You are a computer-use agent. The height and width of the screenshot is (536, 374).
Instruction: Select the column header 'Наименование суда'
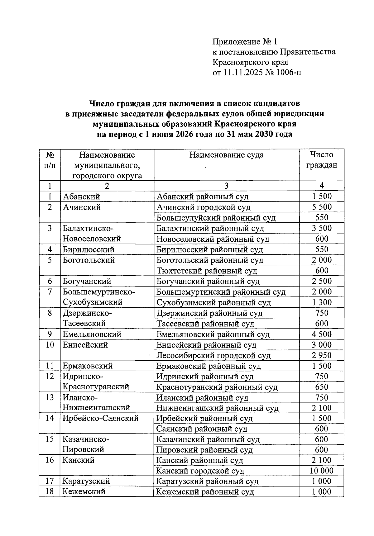point(227,155)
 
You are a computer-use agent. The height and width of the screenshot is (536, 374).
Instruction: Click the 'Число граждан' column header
point(322,159)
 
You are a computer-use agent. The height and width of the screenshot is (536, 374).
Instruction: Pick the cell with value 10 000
point(322,471)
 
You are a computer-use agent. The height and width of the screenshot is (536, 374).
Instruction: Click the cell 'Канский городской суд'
point(200,471)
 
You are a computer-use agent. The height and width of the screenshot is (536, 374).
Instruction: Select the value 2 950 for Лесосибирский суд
point(322,355)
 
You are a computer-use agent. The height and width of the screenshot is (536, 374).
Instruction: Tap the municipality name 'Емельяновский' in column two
point(92,334)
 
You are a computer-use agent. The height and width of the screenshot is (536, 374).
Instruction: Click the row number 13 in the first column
point(50,398)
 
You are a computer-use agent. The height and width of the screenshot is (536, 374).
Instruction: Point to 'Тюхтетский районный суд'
point(207,271)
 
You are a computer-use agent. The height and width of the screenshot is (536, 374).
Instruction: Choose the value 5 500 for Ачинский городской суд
point(322,207)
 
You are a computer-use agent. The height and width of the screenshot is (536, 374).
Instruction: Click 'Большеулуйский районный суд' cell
point(216,218)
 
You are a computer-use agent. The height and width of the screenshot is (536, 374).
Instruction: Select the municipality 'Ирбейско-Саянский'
point(100,418)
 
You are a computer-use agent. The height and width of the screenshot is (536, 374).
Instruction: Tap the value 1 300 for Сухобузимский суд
point(322,302)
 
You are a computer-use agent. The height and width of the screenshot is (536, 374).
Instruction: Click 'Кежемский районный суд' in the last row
point(205,492)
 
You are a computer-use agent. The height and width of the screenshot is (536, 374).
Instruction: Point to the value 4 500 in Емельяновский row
point(322,334)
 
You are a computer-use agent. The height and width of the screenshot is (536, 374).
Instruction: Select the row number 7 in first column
point(50,292)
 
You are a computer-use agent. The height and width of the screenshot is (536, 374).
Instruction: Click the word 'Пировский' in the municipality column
point(83,450)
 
